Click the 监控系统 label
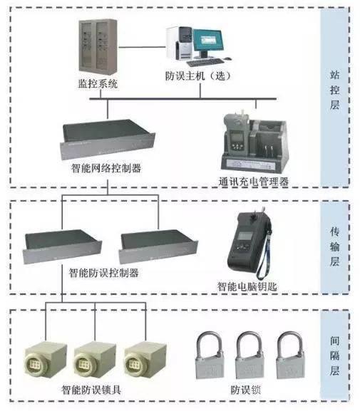pyautogui.click(x=97, y=85)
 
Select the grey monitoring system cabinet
pyautogui.click(x=96, y=48)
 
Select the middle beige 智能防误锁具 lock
pyautogui.click(x=96, y=360)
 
